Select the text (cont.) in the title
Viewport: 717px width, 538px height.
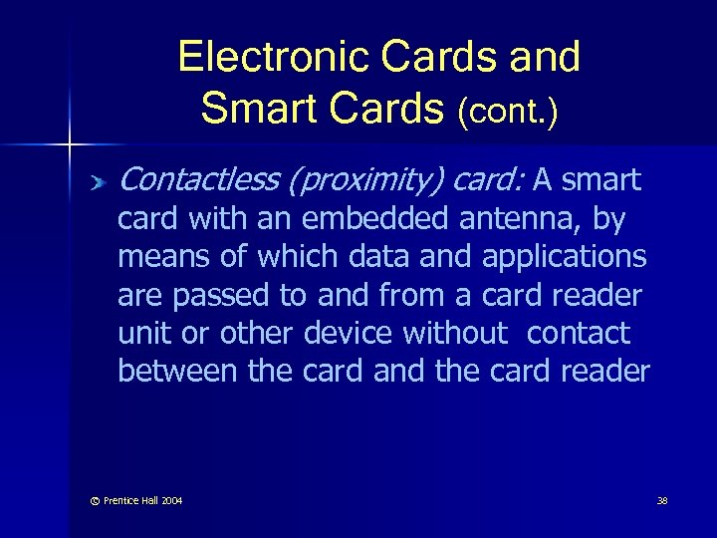(507, 112)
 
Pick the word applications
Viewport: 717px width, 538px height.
(564, 257)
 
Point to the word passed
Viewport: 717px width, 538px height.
(215, 295)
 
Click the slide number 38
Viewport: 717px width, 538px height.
(662, 500)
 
